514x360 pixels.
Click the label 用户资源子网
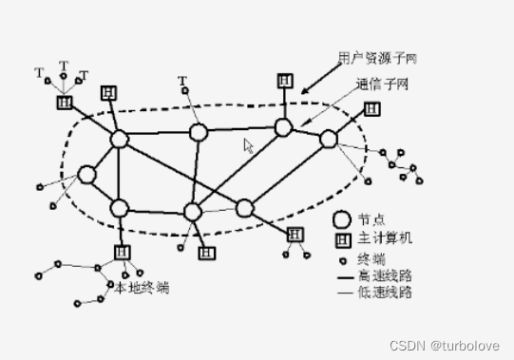pyautogui.click(x=377, y=58)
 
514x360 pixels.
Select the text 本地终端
pyautogui.click(x=141, y=285)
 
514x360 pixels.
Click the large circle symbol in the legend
pyautogui.click(x=342, y=218)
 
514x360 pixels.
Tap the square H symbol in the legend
pyautogui.click(x=342, y=237)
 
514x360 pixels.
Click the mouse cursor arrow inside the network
pyautogui.click(x=249, y=145)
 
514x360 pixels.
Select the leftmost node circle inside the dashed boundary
pyautogui.click(x=87, y=175)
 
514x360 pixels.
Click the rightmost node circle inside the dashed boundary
pyautogui.click(x=328, y=140)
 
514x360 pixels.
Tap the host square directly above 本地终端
pyautogui.click(x=122, y=252)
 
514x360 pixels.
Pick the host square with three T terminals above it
pyautogui.click(x=64, y=102)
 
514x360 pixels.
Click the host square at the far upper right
pyautogui.click(x=371, y=109)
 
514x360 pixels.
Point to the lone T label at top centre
pyautogui.click(x=181, y=80)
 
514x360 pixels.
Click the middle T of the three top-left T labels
pyautogui.click(x=64, y=66)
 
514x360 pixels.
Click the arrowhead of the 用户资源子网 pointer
pyautogui.click(x=305, y=91)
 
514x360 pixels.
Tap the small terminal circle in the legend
pyautogui.click(x=342, y=257)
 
